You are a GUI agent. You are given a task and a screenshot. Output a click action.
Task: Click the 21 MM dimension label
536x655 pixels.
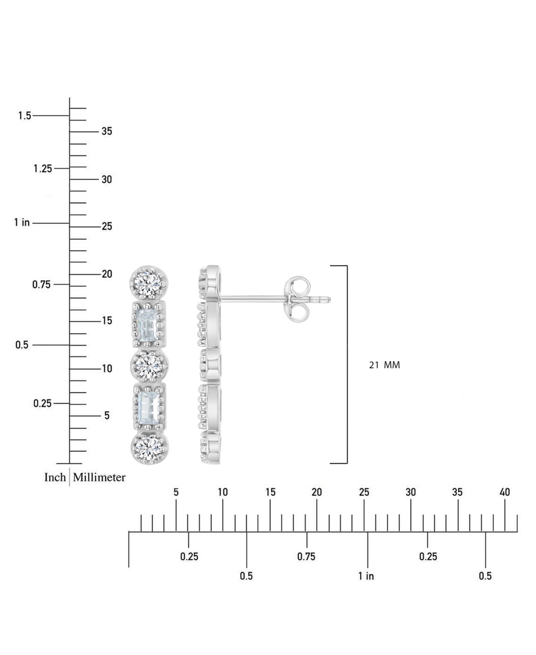385,365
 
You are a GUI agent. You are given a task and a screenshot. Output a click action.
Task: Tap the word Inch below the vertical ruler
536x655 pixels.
55,477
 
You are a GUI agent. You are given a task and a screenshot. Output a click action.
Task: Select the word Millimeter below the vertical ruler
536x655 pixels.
99,477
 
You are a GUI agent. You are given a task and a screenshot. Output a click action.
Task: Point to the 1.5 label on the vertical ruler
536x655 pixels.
25,116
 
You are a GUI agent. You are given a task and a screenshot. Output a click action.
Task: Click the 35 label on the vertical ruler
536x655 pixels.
107,131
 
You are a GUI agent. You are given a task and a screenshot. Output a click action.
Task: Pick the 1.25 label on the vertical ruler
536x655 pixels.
43,169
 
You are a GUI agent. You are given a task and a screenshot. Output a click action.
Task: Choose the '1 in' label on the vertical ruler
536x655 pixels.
22,222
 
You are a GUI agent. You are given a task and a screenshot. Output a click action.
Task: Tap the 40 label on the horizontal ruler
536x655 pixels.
505,492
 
